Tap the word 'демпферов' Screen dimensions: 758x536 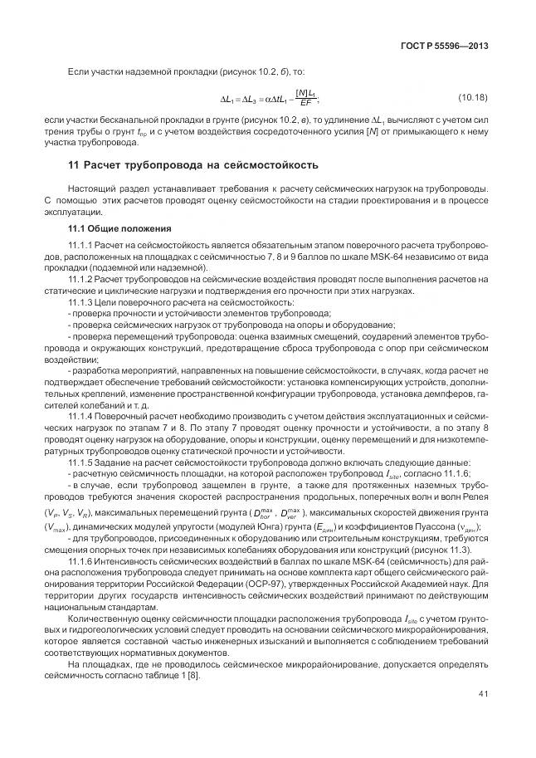[x=452, y=393]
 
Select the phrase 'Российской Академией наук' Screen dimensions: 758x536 [x=409, y=583]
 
